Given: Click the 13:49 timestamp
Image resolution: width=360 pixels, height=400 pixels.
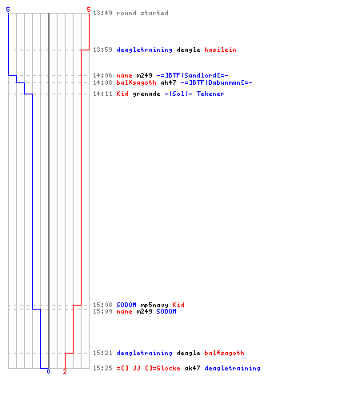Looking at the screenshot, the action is click(102, 13).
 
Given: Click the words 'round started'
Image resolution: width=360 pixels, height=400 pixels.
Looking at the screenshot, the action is click(142, 13).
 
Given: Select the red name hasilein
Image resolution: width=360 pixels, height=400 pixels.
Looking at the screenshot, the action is click(220, 50).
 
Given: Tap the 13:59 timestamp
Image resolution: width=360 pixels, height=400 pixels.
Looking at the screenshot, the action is click(102, 50).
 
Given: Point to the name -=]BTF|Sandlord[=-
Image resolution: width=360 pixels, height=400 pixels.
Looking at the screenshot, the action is click(192, 75).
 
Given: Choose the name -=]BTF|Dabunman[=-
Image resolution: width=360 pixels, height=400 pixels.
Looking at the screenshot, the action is click(216, 82).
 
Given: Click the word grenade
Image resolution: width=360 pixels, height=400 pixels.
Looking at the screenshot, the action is click(146, 94).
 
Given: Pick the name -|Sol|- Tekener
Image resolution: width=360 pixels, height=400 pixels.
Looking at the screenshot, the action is click(194, 94).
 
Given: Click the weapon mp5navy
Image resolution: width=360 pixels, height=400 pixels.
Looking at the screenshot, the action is click(154, 305).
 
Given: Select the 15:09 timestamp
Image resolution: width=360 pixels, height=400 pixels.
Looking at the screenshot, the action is click(102, 311).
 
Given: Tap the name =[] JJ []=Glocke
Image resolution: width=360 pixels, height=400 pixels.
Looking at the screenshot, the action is click(148, 368).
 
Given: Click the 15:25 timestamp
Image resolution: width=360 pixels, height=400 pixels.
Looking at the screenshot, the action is click(102, 368).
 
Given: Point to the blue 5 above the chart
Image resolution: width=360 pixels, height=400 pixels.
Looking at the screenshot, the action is click(8, 10).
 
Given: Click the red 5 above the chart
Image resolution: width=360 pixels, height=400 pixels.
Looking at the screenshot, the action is click(89, 10).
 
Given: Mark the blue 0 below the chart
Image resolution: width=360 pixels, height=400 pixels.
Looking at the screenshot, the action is click(48, 371).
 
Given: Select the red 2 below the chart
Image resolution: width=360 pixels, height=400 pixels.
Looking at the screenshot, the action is click(65, 371).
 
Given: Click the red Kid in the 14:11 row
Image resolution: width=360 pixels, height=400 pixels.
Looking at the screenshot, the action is click(122, 94).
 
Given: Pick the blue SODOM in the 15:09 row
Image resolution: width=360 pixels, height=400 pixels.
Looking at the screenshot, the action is click(166, 311).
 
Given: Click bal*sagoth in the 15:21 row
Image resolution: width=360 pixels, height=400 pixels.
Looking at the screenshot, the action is click(224, 353).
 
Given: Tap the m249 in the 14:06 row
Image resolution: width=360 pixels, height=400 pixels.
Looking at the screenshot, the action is click(144, 75).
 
